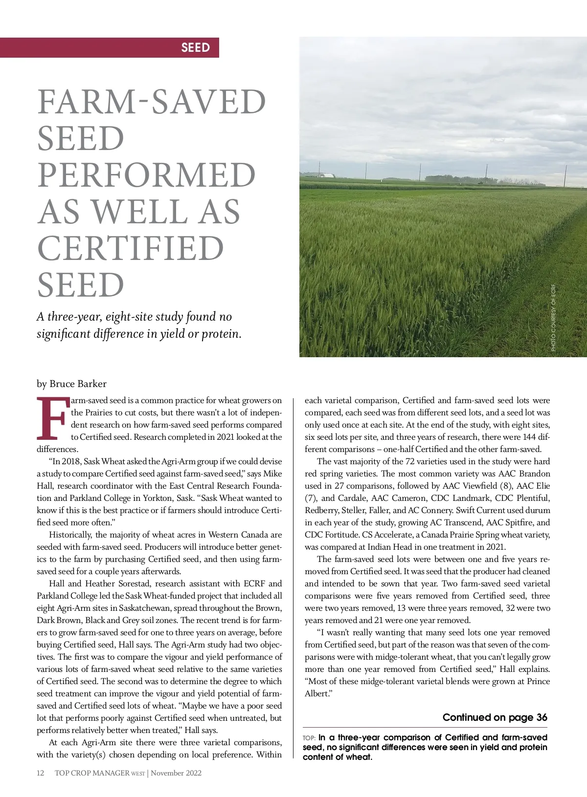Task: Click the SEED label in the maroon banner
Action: pyautogui.click(x=195, y=47)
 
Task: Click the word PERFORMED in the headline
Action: pyautogui.click(x=146, y=175)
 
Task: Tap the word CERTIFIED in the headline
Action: pyautogui.click(x=131, y=248)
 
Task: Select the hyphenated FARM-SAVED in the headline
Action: pyautogui.click(x=152, y=102)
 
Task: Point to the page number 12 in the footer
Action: pyautogui.click(x=41, y=773)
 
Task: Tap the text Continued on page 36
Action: pyautogui.click(x=495, y=717)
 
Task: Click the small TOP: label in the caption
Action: pyautogui.click(x=309, y=738)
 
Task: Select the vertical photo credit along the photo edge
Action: pyautogui.click(x=553, y=318)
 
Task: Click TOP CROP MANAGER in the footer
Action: pyautogui.click(x=92, y=773)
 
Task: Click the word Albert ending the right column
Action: pyautogui.click(x=316, y=693)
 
